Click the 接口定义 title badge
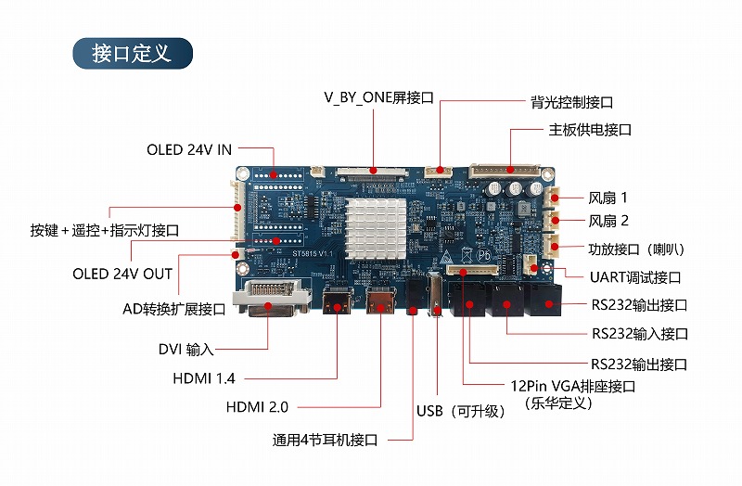[x=132, y=53]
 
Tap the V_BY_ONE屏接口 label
[x=379, y=97]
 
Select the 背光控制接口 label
[x=570, y=102]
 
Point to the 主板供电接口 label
[x=590, y=130]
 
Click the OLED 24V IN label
[x=189, y=149]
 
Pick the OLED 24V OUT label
[x=122, y=274]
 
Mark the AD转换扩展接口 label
[x=174, y=309]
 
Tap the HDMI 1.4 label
[x=204, y=378]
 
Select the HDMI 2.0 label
[x=258, y=407]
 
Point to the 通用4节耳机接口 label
[x=325, y=440]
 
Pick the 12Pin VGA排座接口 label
[x=572, y=387]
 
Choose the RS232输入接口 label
[x=639, y=333]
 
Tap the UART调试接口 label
[x=635, y=277]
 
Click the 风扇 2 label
[x=608, y=221]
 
